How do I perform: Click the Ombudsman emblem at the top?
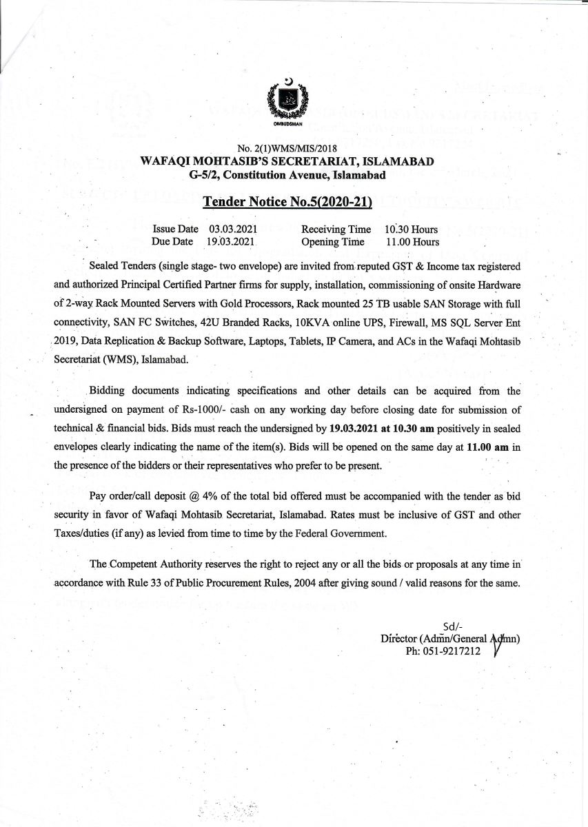288,103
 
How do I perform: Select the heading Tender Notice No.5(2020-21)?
287,202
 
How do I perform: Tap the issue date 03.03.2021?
233,229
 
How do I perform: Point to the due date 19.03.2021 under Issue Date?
231,242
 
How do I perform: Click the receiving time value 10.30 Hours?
411,229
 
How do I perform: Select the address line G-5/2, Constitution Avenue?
287,175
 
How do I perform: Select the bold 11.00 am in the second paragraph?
487,447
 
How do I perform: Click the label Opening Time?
332,242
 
